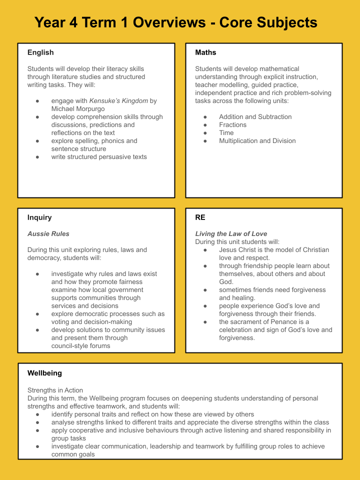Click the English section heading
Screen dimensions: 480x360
click(x=40, y=52)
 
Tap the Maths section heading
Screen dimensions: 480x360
click(x=205, y=52)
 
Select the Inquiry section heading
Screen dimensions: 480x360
click(x=39, y=217)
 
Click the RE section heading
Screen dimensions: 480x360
click(x=200, y=217)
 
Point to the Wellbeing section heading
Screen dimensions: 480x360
click(x=44, y=373)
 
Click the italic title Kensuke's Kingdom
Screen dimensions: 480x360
click(x=118, y=101)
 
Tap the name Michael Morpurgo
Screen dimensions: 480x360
click(x=77, y=108)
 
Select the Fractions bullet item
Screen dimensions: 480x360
click(x=232, y=125)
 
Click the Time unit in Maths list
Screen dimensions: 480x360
click(x=226, y=133)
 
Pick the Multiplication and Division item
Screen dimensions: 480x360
click(x=257, y=141)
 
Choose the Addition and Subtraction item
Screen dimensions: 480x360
click(x=255, y=117)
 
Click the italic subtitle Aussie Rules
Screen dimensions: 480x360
click(x=48, y=234)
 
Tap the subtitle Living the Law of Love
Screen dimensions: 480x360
click(x=231, y=234)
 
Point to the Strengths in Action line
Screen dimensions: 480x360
click(x=55, y=390)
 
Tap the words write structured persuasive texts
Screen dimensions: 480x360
click(x=99, y=157)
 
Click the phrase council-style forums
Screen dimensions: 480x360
click(x=80, y=346)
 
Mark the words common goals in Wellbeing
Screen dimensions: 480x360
click(x=73, y=454)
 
